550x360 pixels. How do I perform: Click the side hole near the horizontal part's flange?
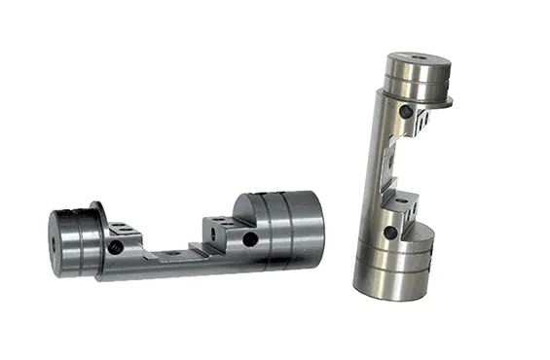click(116, 247)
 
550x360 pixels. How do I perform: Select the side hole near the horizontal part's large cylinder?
click(250, 239)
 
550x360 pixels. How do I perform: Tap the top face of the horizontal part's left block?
click(123, 230)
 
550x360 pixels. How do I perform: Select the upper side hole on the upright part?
click(406, 113)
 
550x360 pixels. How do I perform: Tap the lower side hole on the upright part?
click(390, 233)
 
